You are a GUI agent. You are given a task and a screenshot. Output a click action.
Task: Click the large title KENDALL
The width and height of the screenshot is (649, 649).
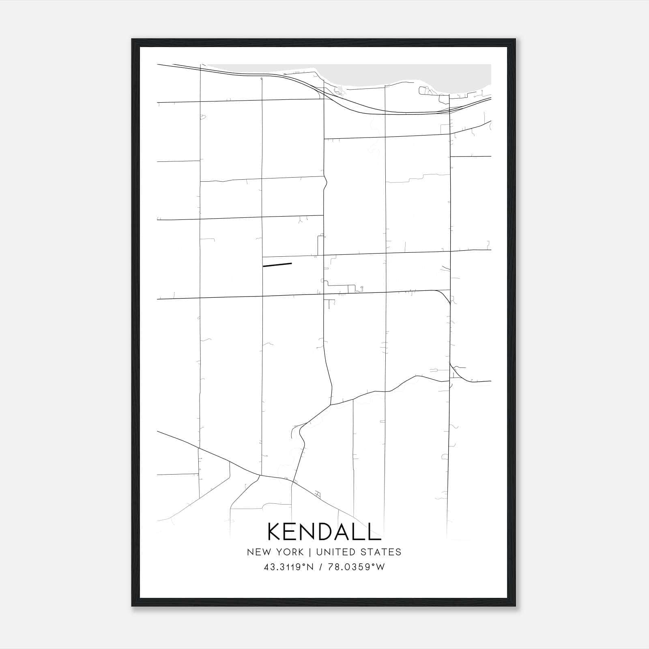324,531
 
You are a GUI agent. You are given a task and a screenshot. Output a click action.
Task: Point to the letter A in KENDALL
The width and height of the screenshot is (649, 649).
344,531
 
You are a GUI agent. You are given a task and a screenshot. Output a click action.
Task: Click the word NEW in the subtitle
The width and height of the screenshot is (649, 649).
257,552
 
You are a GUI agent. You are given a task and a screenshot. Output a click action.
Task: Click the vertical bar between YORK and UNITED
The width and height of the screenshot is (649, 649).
310,552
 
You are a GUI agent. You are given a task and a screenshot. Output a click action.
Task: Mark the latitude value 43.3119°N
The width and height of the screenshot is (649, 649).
289,567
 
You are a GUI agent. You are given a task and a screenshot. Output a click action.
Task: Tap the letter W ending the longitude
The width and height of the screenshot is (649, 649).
380,567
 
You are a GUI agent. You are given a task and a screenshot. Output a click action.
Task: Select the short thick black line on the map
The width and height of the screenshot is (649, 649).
277,265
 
